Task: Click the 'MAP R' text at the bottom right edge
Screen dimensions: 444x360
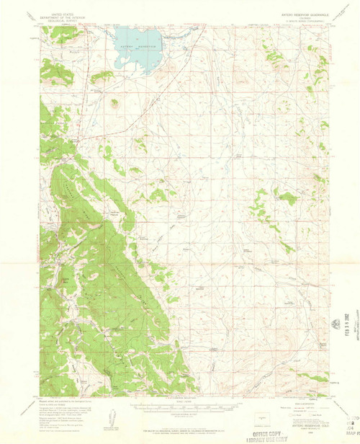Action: coord(353,433)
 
